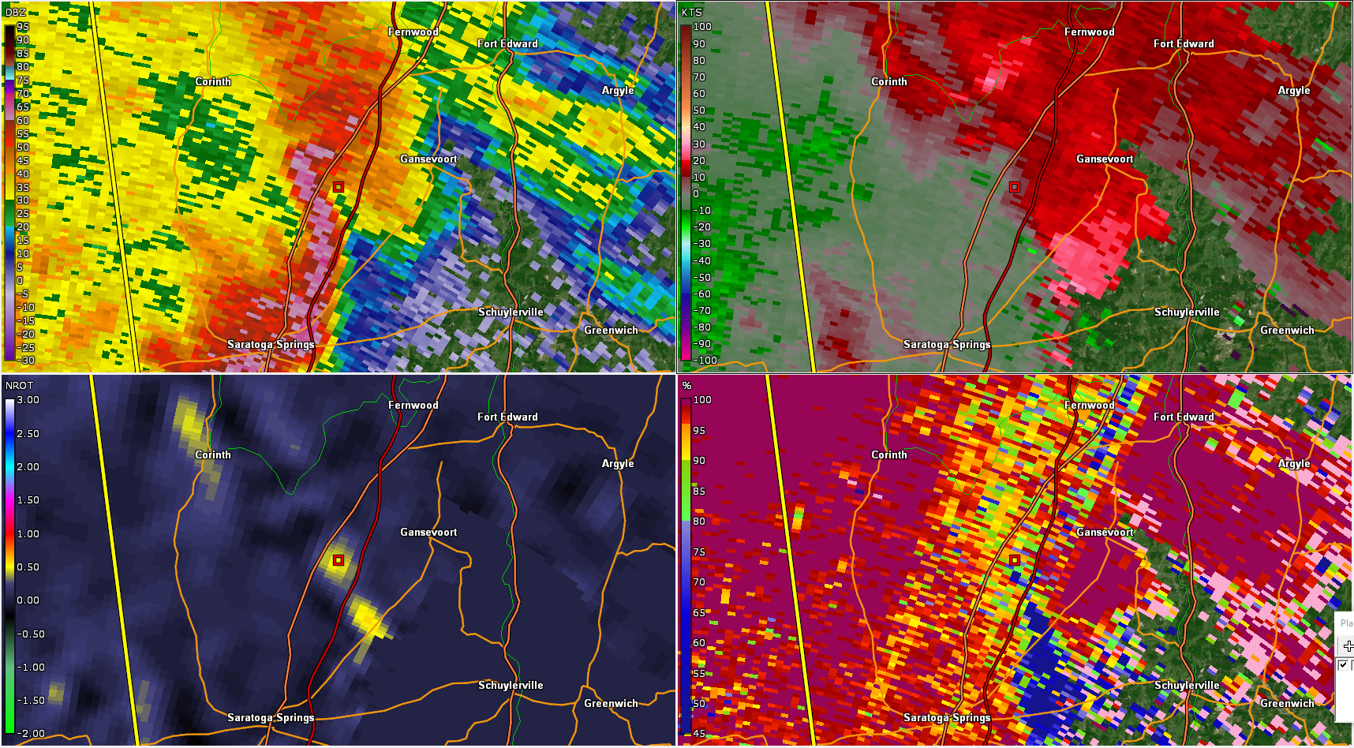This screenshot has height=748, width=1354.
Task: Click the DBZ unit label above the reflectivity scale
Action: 16,12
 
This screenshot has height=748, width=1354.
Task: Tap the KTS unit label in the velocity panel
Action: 692,12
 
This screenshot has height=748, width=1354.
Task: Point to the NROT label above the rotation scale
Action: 20,385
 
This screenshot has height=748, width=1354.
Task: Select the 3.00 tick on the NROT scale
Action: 28,400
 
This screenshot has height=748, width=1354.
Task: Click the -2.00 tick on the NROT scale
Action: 30,734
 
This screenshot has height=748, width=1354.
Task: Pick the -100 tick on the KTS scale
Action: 705,361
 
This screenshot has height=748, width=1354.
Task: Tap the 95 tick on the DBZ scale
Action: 23,27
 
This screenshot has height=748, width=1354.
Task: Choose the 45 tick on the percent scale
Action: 699,734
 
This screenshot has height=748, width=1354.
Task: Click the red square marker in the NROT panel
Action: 338,560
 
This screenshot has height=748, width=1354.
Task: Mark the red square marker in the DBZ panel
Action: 338,187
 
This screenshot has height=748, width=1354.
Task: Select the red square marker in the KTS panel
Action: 1015,187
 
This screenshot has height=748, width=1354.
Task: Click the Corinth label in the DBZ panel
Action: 213,81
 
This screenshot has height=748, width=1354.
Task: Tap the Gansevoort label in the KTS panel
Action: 1105,159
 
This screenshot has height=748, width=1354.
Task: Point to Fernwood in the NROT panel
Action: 413,405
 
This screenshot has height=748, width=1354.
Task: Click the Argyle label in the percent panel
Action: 1294,463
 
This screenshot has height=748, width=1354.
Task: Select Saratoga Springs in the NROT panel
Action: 271,717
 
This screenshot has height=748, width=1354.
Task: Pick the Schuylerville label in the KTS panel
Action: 1187,312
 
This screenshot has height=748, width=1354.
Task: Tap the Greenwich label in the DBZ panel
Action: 611,330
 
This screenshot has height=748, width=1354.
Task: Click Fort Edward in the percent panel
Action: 1184,417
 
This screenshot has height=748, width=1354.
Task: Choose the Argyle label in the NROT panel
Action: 618,463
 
